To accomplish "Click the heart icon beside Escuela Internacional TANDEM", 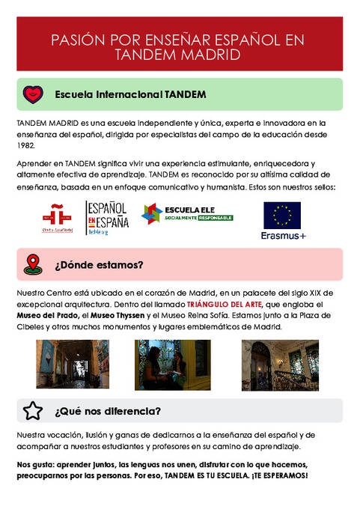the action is coord(33,94).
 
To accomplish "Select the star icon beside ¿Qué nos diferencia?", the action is coord(33,411).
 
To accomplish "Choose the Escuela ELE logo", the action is coord(187,213).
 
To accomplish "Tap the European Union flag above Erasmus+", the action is coord(281,215).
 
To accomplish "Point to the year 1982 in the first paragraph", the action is coord(25,146).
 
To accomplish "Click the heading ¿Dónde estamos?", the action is coord(99,264).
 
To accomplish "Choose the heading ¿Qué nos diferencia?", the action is coord(107,411).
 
